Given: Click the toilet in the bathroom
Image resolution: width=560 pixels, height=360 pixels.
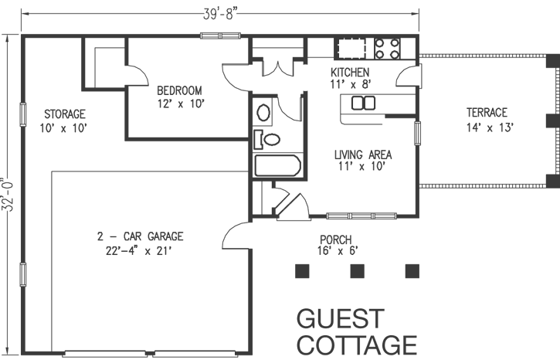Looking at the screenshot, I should [x=267, y=140].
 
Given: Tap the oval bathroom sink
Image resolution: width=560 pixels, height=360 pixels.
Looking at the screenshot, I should [x=263, y=114].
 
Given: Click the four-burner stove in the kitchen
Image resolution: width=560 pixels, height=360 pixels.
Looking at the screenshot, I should [x=388, y=49].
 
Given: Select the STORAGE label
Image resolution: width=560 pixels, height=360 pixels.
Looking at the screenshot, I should [x=64, y=114].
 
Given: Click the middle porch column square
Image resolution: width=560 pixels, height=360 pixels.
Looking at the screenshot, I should [x=357, y=270].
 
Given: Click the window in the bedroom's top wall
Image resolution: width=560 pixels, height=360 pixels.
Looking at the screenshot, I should [x=219, y=35].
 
